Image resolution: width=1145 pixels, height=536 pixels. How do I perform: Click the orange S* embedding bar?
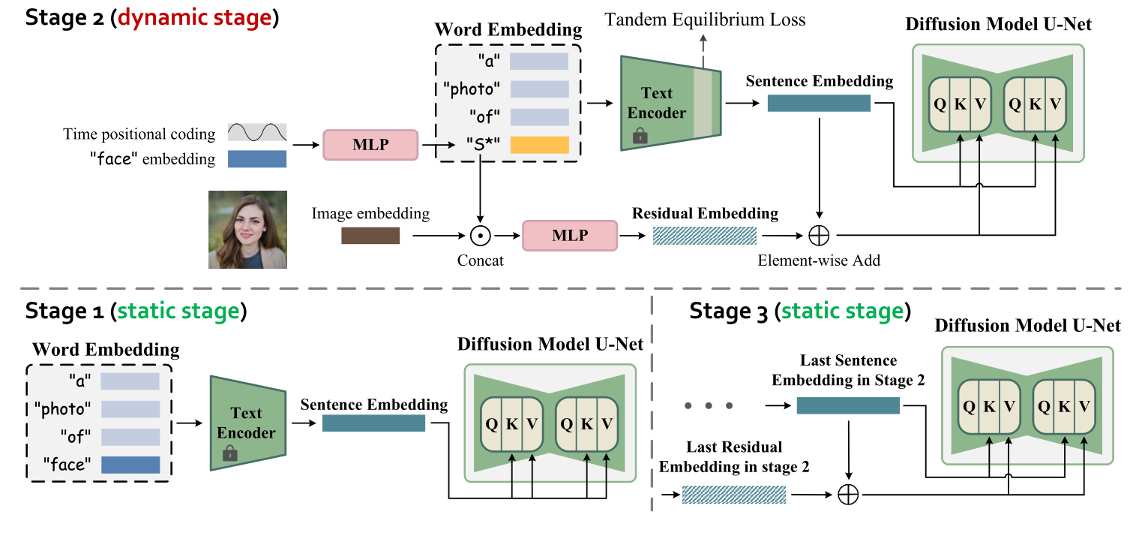point(539,145)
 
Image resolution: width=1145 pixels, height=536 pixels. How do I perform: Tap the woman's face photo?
point(247,230)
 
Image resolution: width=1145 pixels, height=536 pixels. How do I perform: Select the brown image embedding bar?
point(370,236)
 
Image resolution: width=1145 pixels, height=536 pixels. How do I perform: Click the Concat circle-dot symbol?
point(479,236)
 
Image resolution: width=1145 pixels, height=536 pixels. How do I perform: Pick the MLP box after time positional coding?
point(370,144)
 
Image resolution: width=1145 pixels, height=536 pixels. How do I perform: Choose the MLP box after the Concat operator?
point(569,236)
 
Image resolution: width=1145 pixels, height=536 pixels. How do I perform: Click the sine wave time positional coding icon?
point(257,133)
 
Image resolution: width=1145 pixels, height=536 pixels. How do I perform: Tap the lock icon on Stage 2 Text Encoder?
point(640,136)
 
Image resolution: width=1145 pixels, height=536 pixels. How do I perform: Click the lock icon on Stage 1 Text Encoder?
point(230,453)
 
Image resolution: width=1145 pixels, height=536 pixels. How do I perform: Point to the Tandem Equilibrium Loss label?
point(705,20)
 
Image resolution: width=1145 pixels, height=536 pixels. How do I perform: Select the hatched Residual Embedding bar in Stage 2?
point(705,236)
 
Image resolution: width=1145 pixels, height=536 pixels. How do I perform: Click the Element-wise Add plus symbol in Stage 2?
point(819,236)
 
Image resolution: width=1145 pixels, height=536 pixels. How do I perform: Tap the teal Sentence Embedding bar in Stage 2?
point(819,104)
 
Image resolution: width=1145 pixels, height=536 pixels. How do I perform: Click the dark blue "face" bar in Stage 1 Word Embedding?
point(130,465)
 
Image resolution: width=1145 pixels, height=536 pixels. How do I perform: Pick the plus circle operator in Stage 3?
point(847,495)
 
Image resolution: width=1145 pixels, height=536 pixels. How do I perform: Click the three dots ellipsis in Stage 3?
point(709,406)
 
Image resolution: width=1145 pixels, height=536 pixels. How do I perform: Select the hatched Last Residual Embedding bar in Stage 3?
point(734,494)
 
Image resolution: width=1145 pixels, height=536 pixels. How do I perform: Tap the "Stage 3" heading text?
point(729,311)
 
